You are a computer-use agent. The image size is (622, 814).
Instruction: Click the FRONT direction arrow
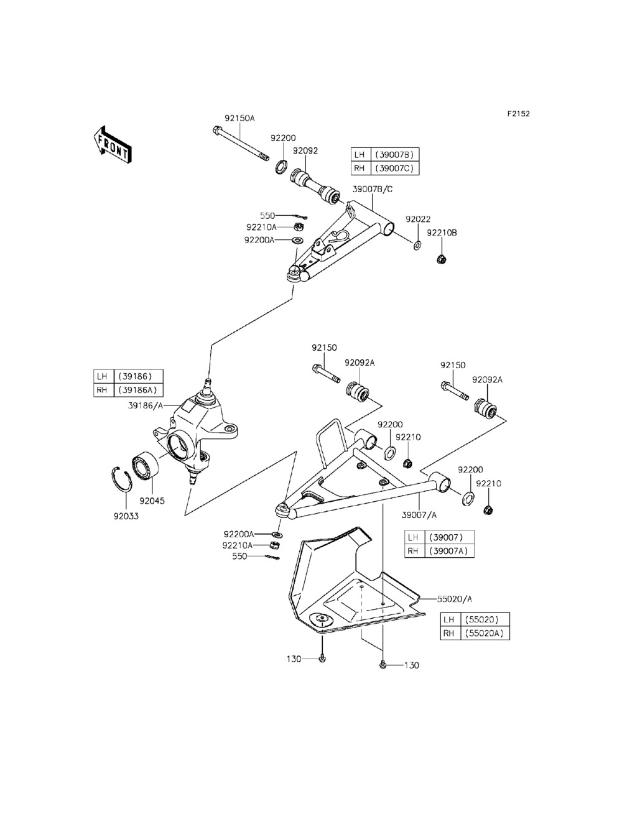113,145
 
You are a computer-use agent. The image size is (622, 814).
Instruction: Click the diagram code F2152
519,113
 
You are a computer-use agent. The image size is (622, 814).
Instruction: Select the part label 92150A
239,118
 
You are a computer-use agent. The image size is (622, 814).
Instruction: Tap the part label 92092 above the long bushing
305,150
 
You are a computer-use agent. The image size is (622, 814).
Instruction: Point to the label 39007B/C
372,189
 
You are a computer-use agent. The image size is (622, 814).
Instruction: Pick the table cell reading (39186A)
138,390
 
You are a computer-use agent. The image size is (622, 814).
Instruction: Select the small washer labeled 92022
417,245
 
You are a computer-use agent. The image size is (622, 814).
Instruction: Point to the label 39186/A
146,405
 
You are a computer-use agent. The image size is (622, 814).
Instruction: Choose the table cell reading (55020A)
485,634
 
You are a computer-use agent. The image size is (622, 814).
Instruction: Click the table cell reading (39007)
450,537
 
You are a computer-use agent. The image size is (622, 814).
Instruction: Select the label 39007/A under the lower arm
419,515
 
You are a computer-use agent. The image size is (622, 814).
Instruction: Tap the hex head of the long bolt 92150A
216,130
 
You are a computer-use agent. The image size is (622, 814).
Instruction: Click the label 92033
126,516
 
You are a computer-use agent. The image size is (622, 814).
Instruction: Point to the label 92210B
442,233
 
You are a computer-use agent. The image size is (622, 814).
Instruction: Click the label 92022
418,219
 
